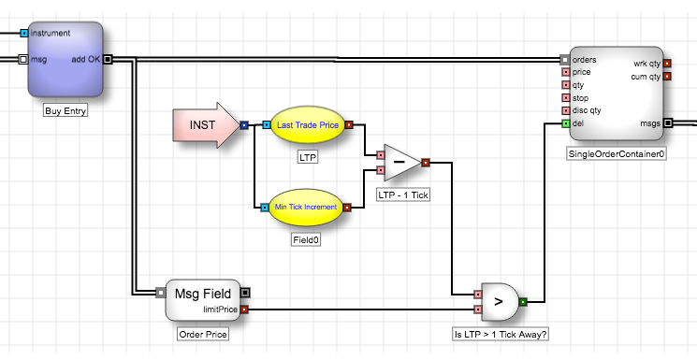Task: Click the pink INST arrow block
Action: click(x=206, y=125)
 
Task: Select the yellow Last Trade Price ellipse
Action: click(x=308, y=125)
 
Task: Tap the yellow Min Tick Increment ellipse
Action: click(x=306, y=207)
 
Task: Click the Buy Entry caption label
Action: click(x=65, y=110)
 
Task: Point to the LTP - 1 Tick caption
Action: click(x=403, y=194)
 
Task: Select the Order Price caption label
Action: click(x=203, y=334)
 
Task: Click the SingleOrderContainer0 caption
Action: click(x=617, y=154)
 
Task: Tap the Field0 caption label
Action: click(x=306, y=240)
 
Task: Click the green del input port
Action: click(x=565, y=123)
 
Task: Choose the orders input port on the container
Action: click(x=564, y=60)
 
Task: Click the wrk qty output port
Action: click(x=667, y=64)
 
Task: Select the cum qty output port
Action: click(x=667, y=77)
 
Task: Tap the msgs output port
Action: click(x=668, y=123)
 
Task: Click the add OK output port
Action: click(x=108, y=59)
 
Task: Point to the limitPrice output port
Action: click(x=244, y=310)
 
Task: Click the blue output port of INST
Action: click(x=244, y=125)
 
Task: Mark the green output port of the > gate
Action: click(x=523, y=302)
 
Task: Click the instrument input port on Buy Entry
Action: click(x=24, y=33)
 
